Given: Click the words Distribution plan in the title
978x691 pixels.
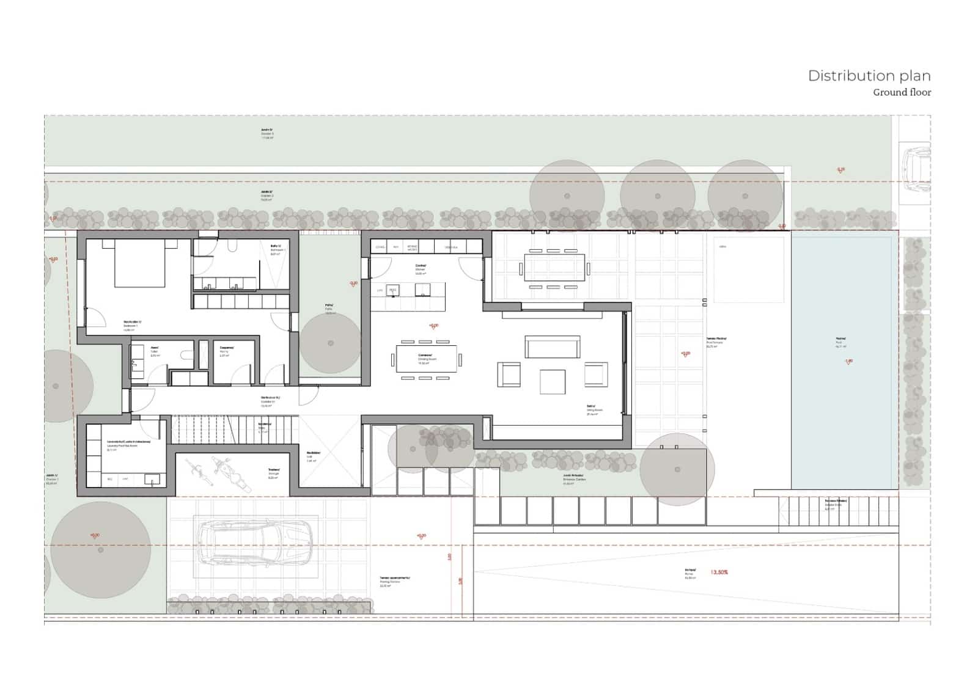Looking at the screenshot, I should pyautogui.click(x=869, y=76).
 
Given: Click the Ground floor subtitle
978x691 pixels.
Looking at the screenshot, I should pyautogui.click(x=902, y=92).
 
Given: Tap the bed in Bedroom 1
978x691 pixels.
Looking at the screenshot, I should pyautogui.click(x=139, y=263).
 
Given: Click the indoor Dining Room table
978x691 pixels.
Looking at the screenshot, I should pyautogui.click(x=426, y=359).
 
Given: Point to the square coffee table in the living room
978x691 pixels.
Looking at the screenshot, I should pyautogui.click(x=553, y=382).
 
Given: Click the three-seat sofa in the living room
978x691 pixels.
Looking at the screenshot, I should pyautogui.click(x=552, y=346).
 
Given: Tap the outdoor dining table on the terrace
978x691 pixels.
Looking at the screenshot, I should pyautogui.click(x=554, y=268).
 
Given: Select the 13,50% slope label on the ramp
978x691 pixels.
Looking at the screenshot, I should pyautogui.click(x=719, y=572).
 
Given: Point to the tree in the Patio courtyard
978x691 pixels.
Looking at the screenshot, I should pyautogui.click(x=331, y=343).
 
